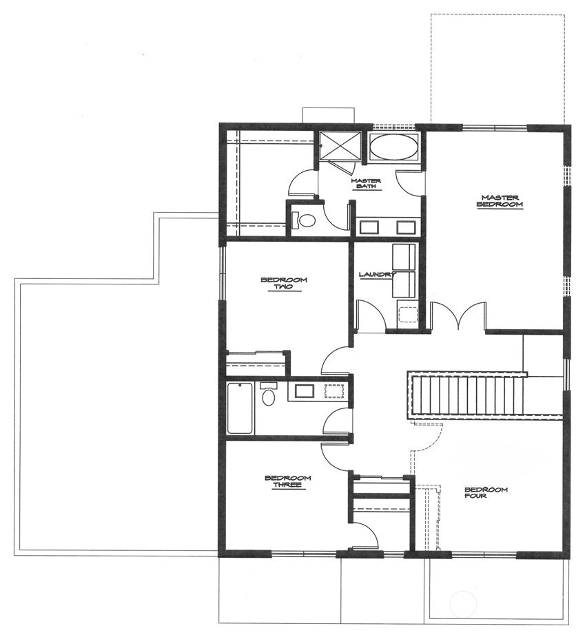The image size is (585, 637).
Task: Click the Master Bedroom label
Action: pos(501,200)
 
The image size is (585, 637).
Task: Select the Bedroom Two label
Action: pos(283,283)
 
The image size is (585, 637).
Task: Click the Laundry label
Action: pos(378,275)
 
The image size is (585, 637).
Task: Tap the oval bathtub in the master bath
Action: pos(393,147)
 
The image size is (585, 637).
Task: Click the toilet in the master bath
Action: pos(305,220)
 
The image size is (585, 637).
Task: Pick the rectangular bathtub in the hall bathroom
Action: pos(239,408)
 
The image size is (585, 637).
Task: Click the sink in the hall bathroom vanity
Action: pos(304,392)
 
